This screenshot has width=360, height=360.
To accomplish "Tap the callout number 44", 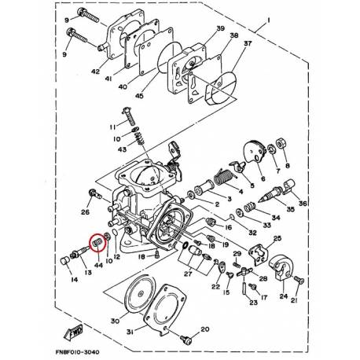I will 98,267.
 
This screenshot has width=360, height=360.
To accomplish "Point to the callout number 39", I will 209,28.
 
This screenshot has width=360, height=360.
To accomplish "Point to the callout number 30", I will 116,321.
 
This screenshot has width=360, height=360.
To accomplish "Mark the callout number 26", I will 86,211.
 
